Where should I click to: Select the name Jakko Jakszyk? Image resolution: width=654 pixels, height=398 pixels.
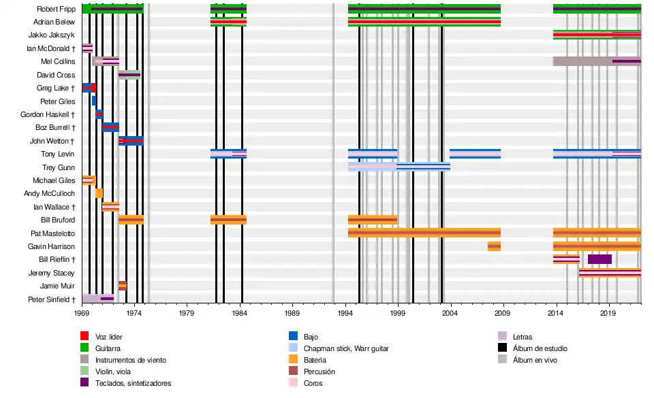pyautogui.click(x=52, y=35)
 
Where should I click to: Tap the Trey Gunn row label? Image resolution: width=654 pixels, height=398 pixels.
pyautogui.click(x=59, y=167)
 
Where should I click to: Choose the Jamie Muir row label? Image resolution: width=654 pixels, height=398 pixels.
pyautogui.click(x=58, y=286)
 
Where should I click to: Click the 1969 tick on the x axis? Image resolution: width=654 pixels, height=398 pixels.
pyautogui.click(x=82, y=314)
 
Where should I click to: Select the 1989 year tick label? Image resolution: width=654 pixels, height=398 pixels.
pyautogui.click(x=292, y=314)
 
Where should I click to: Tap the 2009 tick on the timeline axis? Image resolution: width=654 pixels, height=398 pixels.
pyautogui.click(x=502, y=314)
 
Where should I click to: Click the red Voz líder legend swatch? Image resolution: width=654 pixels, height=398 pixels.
pyautogui.click(x=84, y=336)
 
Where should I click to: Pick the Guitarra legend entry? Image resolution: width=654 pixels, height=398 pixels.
pyautogui.click(x=109, y=348)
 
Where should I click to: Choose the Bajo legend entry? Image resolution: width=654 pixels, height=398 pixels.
pyautogui.click(x=311, y=337)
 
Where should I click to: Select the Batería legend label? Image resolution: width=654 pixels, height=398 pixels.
pyautogui.click(x=315, y=360)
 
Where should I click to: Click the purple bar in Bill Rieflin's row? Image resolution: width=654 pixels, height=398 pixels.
pyautogui.click(x=599, y=259)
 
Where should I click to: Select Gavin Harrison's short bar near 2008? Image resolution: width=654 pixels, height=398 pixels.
pyautogui.click(x=494, y=246)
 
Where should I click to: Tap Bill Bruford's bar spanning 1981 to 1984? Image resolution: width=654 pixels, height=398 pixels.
pyautogui.click(x=228, y=220)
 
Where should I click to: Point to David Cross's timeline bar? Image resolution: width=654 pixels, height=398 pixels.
pyautogui.click(x=129, y=75)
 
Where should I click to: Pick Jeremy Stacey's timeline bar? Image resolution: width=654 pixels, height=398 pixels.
pyautogui.click(x=610, y=273)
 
